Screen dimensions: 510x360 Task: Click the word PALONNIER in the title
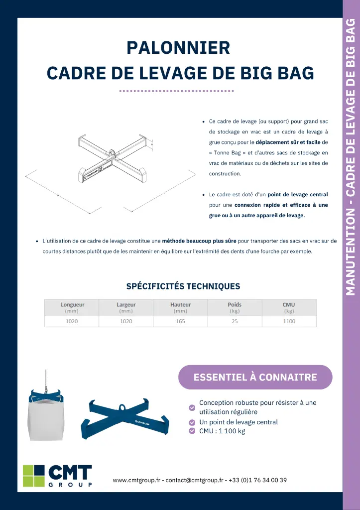tap(178, 48)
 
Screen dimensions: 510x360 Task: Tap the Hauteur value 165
tap(180, 321)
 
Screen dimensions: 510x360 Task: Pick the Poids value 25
tap(235, 321)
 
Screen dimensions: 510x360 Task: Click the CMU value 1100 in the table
tap(289, 321)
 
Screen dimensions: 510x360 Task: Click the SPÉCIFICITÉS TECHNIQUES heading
tap(183, 286)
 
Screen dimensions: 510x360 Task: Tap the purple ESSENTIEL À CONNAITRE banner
tap(255, 377)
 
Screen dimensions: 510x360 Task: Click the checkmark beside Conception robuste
tap(192, 407)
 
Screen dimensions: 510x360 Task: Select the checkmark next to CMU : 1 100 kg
tap(192, 431)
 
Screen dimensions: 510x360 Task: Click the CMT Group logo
tap(58, 476)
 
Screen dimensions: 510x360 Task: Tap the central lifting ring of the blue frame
tap(121, 407)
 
